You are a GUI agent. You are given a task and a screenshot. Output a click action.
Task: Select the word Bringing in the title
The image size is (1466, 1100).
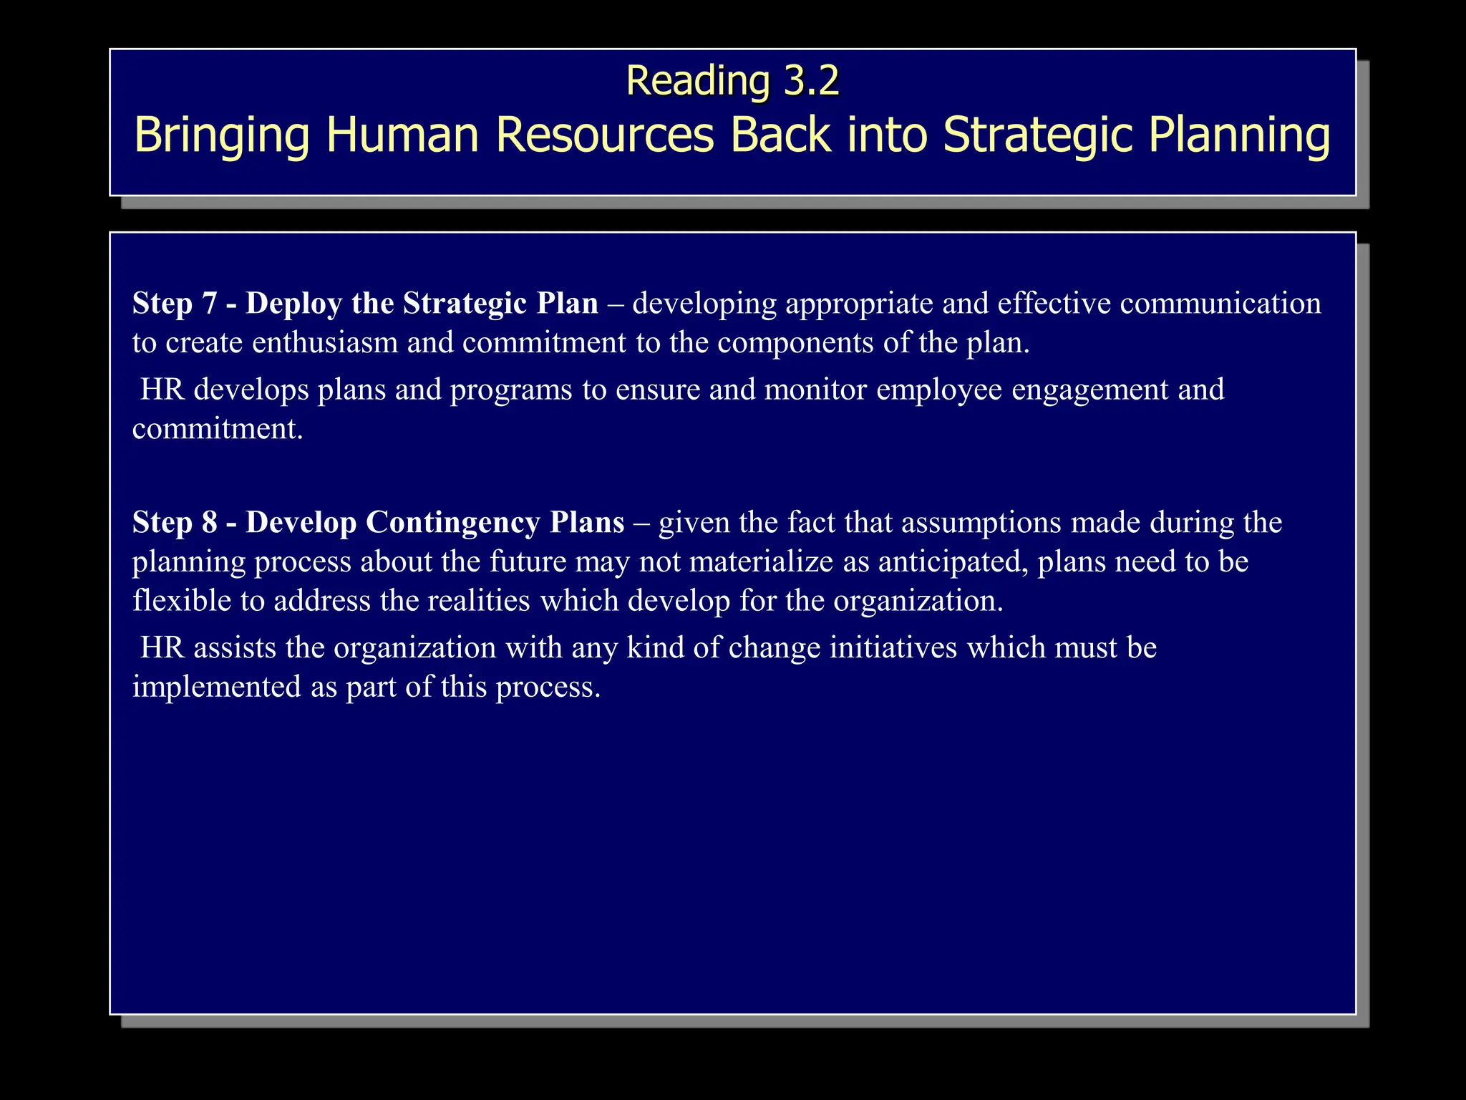(222, 135)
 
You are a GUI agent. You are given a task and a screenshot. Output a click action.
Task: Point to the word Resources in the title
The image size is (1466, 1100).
(605, 135)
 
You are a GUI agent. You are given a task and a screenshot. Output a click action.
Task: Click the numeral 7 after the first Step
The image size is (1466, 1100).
(209, 304)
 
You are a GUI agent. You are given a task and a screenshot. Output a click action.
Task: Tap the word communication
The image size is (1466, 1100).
(1220, 304)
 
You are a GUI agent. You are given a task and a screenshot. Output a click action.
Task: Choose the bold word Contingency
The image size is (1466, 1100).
(452, 524)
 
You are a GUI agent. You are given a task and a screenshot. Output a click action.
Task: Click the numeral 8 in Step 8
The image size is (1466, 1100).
(209, 523)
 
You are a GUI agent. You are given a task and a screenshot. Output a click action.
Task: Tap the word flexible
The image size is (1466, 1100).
(182, 600)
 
